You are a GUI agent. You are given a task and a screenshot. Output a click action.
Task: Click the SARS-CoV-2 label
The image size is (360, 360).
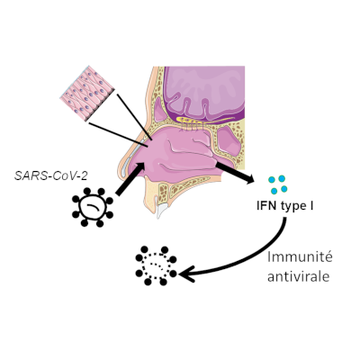coord(51,175)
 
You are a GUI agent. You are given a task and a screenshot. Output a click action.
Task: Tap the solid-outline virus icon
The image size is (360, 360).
coord(93,207)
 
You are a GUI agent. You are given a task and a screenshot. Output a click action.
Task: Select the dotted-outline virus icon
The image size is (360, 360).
coord(156,265)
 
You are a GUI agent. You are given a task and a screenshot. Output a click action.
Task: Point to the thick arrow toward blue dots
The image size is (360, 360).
coord(235,173)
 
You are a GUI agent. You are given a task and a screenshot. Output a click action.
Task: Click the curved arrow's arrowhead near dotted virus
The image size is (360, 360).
coord(186,274)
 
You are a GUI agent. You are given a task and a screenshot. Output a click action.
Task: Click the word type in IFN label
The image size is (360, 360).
coord(292,207)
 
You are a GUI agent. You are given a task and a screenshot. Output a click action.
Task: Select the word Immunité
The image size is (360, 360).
coord(300,257)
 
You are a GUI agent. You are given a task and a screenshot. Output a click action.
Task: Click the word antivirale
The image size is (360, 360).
coord(299,276)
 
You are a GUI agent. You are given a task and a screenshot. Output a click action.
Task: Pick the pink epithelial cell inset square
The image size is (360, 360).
coord(87,94)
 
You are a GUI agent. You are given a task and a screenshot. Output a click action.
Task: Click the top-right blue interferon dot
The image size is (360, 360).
coord(282,179)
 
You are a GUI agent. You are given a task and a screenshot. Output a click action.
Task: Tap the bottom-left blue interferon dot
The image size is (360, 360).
coord(274,191)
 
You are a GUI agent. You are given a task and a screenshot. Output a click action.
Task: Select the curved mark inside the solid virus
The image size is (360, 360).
coord(93,206)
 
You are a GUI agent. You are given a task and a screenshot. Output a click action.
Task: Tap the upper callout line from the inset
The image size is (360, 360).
coord(135,117)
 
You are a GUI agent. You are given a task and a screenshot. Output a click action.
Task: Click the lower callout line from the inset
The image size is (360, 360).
coord(118,135)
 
